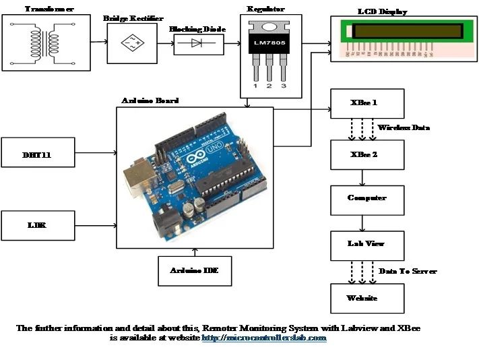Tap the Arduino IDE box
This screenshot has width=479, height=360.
(195, 271)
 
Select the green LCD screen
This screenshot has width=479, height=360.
(408, 31)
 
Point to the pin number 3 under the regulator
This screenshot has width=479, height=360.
(283, 87)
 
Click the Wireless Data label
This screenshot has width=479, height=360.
(403, 127)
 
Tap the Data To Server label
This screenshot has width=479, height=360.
(408, 271)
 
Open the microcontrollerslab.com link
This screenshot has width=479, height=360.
(264, 338)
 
